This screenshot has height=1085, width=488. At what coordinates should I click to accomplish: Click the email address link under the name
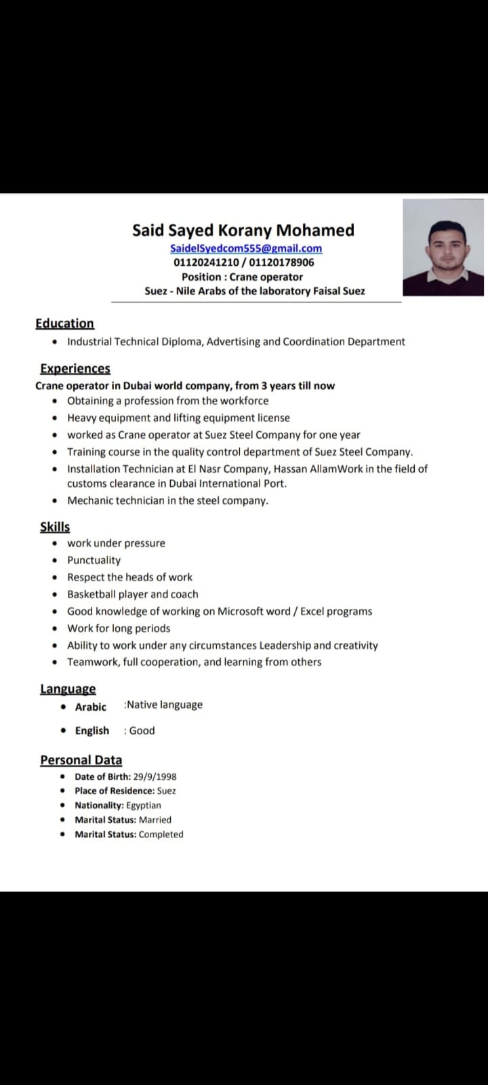pos(246,248)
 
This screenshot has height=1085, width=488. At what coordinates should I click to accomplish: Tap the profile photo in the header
pos(443,248)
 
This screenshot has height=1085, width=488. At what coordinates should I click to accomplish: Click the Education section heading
pos(65,323)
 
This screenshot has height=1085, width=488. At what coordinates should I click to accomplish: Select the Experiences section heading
pos(75,368)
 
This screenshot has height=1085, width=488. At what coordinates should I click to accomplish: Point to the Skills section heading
pos(55,527)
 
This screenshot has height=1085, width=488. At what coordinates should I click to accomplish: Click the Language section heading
pos(68,689)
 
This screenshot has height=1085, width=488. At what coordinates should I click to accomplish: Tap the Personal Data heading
pos(81,760)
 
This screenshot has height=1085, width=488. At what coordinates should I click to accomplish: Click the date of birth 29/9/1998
pos(155,776)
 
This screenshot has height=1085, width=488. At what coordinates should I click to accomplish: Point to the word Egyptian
pos(144,805)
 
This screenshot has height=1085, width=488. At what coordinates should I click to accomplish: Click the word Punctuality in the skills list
pos(94,560)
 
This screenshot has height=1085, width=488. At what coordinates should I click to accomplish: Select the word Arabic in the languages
pos(91,707)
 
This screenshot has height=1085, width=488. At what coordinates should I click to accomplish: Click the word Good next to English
pos(142,730)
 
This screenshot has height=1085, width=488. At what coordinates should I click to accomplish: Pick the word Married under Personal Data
pos(155,819)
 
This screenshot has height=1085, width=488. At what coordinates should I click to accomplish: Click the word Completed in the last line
pos(161,834)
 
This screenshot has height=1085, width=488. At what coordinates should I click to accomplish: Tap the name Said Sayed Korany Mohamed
pos(243,230)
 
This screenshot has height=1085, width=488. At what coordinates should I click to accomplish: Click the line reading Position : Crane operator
pos(242,277)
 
